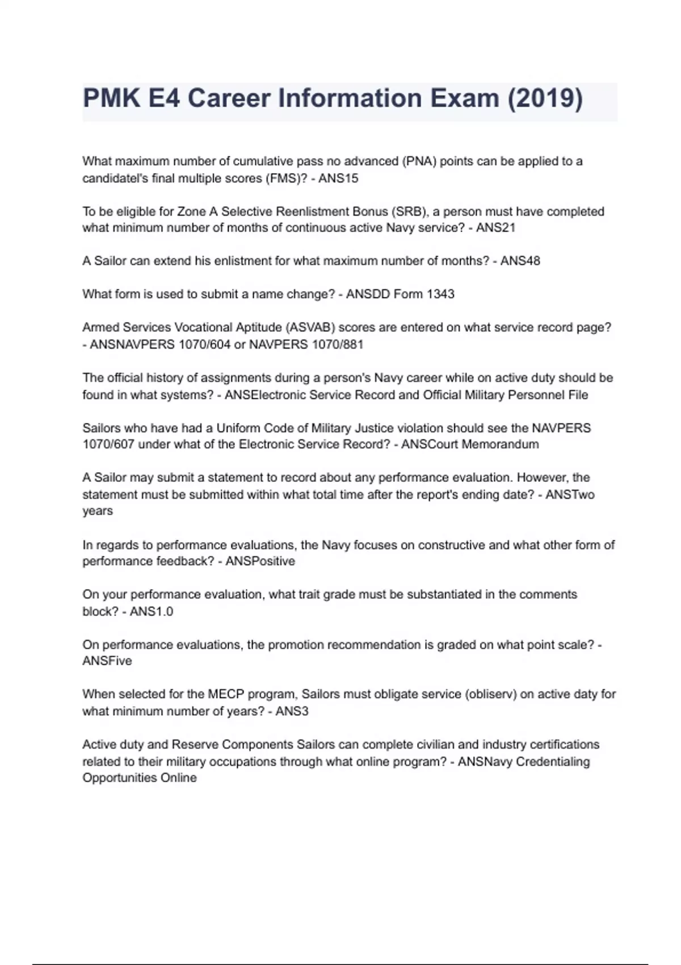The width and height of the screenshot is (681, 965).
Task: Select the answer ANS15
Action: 338,178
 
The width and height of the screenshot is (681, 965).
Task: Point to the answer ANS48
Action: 520,261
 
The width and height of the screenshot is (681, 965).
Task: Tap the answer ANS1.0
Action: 152,611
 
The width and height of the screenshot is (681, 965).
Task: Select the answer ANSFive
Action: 107,661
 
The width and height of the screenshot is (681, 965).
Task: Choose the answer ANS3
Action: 292,711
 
